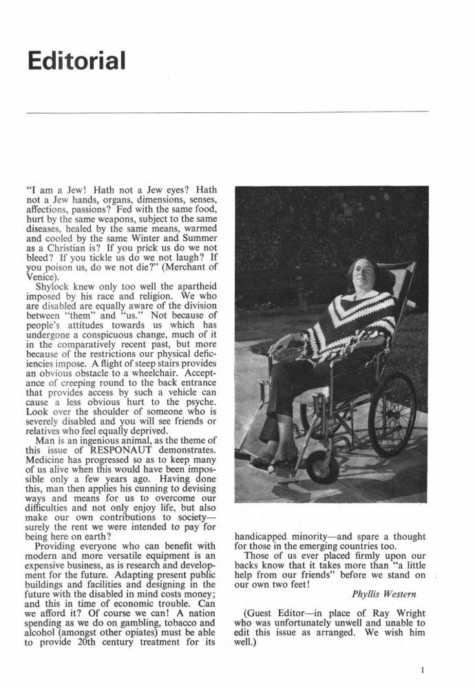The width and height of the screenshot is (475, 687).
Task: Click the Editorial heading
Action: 77,60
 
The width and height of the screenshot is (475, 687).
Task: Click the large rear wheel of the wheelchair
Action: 392,413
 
